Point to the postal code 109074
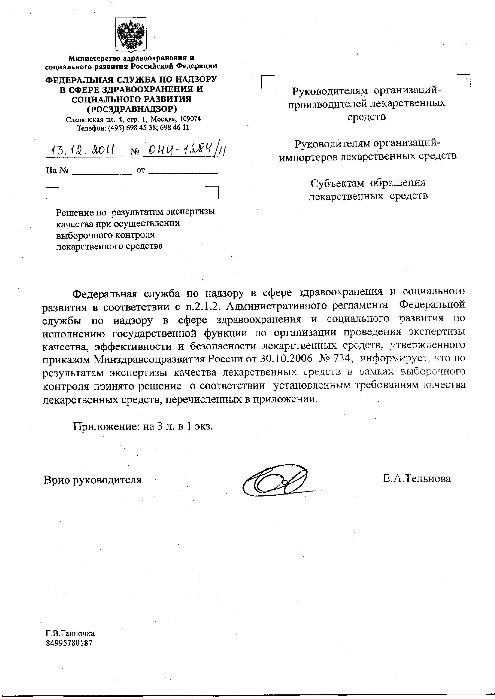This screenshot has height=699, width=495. tap(190, 119)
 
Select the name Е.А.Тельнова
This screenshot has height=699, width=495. tap(417, 479)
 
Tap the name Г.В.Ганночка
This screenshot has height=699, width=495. tap(70, 634)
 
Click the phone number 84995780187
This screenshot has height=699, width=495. tap(69, 643)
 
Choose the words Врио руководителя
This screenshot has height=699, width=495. tap(92, 480)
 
